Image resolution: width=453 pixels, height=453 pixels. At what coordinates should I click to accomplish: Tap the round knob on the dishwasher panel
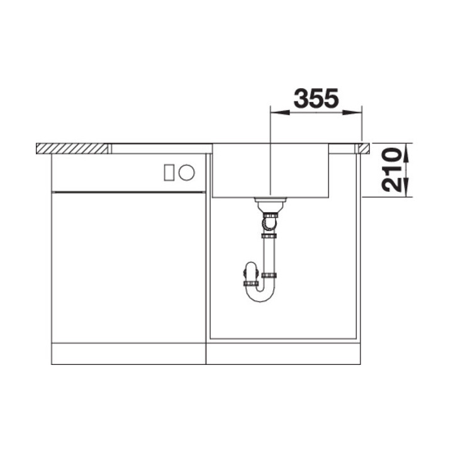tap(186, 171)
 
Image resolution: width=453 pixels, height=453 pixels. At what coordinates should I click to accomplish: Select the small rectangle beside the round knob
tap(169, 171)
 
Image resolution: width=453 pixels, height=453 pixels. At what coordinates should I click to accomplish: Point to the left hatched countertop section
tap(73, 148)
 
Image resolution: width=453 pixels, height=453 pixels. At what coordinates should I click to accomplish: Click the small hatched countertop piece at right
tap(363, 148)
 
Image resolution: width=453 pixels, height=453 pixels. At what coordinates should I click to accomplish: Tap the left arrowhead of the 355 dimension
tap(275, 114)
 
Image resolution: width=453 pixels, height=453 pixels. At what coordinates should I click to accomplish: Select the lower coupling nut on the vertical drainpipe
tap(271, 275)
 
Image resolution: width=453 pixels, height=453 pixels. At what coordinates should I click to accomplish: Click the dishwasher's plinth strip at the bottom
tap(128, 354)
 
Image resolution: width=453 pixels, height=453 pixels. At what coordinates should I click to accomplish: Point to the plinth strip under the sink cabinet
tap(283, 354)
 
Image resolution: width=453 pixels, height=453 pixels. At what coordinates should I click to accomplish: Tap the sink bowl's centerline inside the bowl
tap(270, 170)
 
